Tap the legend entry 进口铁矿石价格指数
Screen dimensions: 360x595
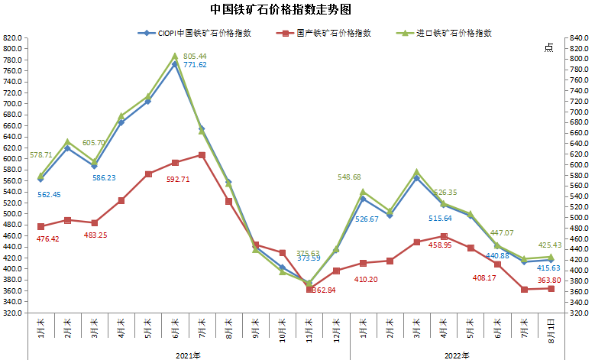pyautogui.click(x=454, y=33)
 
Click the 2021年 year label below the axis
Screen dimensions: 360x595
pyautogui.click(x=188, y=355)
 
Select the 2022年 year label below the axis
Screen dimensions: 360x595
pyautogui.click(x=457, y=355)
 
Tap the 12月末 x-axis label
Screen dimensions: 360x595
pyautogui.click(x=336, y=331)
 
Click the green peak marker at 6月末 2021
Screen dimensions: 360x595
pyautogui.click(x=175, y=56)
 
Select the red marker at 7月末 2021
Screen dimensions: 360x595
pyautogui.click(x=202, y=155)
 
